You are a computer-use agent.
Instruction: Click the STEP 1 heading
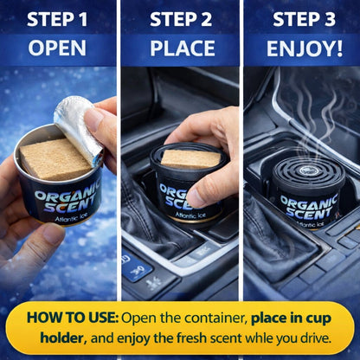pos(57,19)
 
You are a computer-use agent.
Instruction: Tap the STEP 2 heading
pos(181,19)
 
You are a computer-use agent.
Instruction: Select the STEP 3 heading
pos(305,19)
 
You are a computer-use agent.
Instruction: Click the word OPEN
pos(57,48)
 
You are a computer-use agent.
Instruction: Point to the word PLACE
pos(183,48)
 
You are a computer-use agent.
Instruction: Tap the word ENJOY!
pos(305,48)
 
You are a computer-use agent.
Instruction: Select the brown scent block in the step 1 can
pos(55,159)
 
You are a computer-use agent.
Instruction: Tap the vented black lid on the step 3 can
pos(309,174)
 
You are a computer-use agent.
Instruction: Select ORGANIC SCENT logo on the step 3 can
pos(309,207)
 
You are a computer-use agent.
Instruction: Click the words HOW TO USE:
pos(73,318)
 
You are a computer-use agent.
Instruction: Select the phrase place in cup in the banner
pos(291,318)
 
